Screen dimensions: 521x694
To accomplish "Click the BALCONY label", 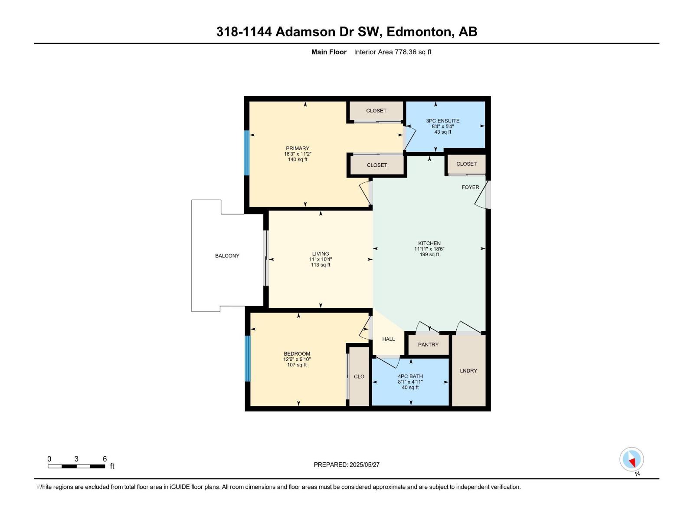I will click(227, 256).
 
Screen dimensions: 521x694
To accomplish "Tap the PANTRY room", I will click(428, 344).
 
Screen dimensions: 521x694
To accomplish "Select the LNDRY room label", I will click(468, 370).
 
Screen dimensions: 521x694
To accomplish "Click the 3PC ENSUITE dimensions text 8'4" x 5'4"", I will click(442, 126).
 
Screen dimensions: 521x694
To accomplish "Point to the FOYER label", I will click(470, 187).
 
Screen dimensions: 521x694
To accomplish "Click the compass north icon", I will click(632, 459).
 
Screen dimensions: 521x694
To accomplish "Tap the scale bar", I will click(76, 466).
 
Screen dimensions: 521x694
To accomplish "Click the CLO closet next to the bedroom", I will click(359, 376).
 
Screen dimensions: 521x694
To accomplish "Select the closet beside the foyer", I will click(466, 164).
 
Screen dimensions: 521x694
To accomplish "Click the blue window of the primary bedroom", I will click(247, 153).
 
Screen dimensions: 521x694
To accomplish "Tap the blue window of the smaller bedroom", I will click(248, 359).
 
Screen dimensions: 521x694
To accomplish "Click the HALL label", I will click(388, 339).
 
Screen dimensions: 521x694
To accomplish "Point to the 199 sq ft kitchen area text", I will click(429, 254).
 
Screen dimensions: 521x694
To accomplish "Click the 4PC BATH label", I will click(410, 376).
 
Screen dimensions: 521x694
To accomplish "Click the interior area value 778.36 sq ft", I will click(412, 52).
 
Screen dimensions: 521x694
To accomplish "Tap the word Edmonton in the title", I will click(418, 32).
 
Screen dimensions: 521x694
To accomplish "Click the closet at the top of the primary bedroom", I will click(376, 111).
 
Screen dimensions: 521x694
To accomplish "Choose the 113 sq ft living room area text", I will click(321, 265).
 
